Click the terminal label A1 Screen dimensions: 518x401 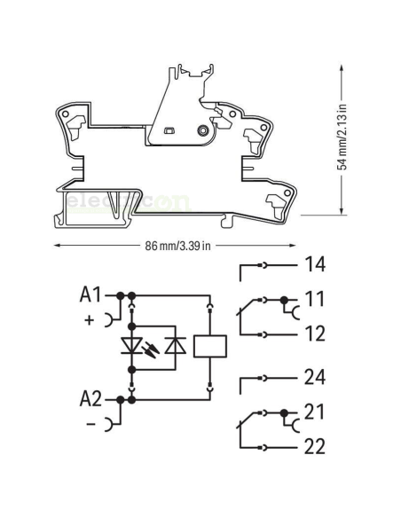pyautogui.click(x=91, y=294)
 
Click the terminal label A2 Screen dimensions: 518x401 pyautogui.click(x=91, y=398)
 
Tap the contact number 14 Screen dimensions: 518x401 pyautogui.click(x=316, y=264)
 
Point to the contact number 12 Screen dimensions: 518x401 pyautogui.click(x=316, y=334)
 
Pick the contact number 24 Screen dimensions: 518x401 pyautogui.click(x=316, y=377)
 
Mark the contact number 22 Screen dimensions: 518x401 pyautogui.click(x=316, y=446)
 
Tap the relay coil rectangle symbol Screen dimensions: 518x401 pyautogui.click(x=209, y=347)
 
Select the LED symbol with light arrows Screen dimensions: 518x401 pyautogui.click(x=131, y=347)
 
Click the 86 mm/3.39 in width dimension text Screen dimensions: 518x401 pyautogui.click(x=177, y=246)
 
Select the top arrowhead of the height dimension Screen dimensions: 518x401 pyautogui.click(x=342, y=62)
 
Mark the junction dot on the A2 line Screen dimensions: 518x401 pyautogui.click(x=131, y=400)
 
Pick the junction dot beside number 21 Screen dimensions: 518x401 pyautogui.click(x=284, y=412)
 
